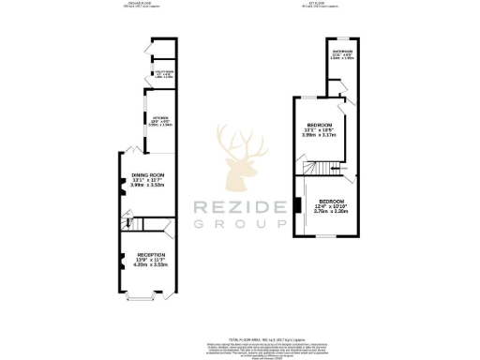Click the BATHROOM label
pos(342,52)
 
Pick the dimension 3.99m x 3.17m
pos(319,135)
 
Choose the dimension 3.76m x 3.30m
pos(332,212)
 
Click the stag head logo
pos(239,159)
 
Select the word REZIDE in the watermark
pos(239,207)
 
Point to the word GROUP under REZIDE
pos(239,224)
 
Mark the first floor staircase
pos(326,170)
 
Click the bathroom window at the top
pos(343,39)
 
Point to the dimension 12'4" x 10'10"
pos(332,206)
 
